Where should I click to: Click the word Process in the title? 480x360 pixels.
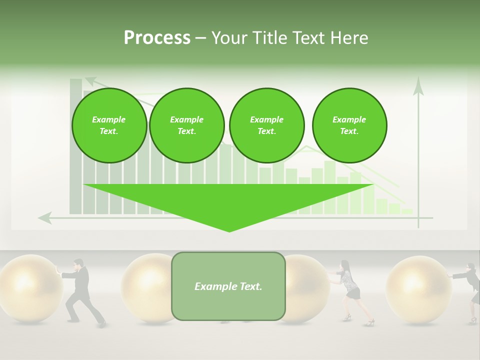pyautogui.click(x=157, y=37)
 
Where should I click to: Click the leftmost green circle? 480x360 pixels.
pyautogui.click(x=109, y=125)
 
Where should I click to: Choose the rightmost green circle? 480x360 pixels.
pyautogui.click(x=349, y=125)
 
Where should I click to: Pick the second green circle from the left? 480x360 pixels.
pyautogui.click(x=186, y=125)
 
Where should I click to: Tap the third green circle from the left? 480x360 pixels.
pyautogui.click(x=266, y=125)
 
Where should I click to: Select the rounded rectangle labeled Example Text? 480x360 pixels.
pyautogui.click(x=228, y=286)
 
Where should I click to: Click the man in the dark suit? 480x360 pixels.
pyautogui.click(x=81, y=292)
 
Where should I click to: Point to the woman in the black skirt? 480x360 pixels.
pyautogui.click(x=350, y=290)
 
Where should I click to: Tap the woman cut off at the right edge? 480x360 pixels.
pyautogui.click(x=473, y=292)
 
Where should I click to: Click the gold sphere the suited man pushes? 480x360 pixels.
pyautogui.click(x=30, y=287)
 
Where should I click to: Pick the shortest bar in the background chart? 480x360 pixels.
pyautogui.click(x=407, y=211)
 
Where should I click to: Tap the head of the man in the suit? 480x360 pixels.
pyautogui.click(x=78, y=263)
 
